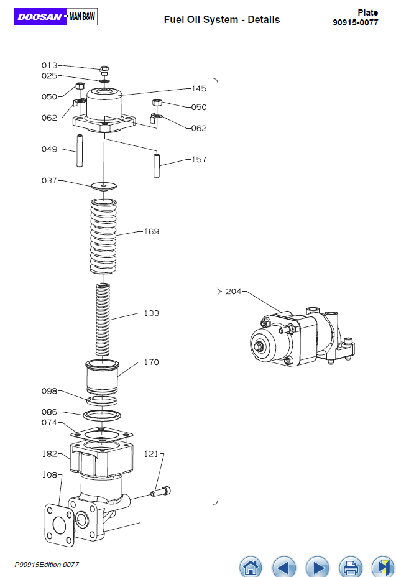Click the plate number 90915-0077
[x=355, y=22]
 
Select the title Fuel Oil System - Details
[x=222, y=19]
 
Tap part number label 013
[x=49, y=65]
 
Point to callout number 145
[x=199, y=89]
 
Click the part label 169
[x=151, y=231]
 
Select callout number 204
[x=233, y=292]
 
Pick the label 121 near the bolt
[x=151, y=454]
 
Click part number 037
[x=49, y=181]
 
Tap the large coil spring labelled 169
[x=103, y=236]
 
